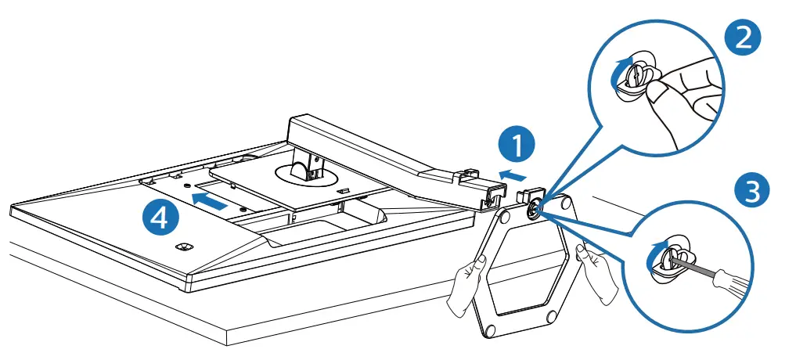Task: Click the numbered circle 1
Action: (x=515, y=146)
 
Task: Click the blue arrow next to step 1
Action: (x=513, y=171)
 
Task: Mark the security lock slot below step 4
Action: (x=185, y=246)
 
